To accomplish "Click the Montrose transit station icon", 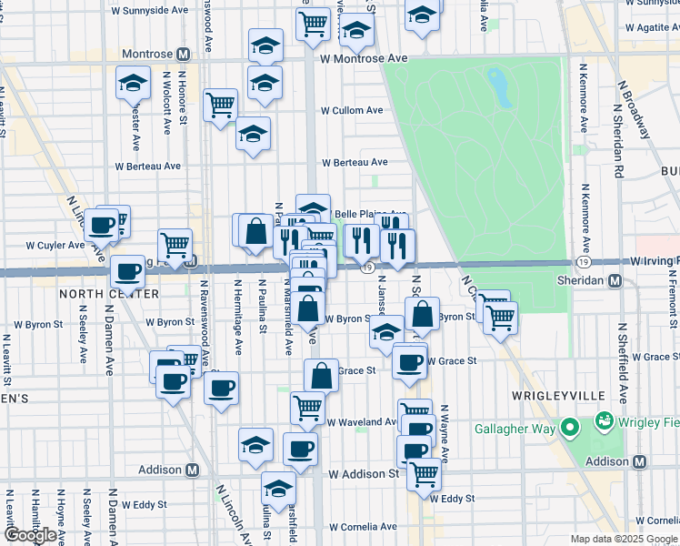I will (x=183, y=55).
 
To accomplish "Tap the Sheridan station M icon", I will (x=615, y=281).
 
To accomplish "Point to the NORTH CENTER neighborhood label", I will (x=96, y=294).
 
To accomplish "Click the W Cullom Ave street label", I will (x=352, y=110).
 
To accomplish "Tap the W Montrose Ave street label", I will (x=363, y=57).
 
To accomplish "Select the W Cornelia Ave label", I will (x=364, y=526).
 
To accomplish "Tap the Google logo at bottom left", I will (x=31, y=535).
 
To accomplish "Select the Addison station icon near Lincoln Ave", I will (x=192, y=470).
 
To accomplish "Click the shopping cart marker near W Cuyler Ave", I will (x=175, y=243).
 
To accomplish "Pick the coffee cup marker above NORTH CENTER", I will (x=127, y=270).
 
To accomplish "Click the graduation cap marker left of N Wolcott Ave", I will (x=134, y=84).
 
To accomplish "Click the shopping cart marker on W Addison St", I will (x=424, y=473).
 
